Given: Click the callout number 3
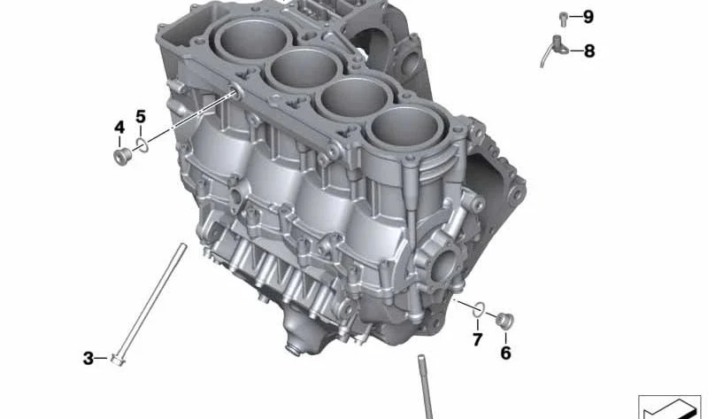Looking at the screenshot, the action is click(88, 359).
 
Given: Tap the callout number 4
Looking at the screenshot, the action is click(119, 128).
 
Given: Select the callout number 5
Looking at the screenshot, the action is click(141, 117).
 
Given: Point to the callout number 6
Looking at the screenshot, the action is click(505, 353).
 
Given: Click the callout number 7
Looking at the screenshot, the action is click(478, 339).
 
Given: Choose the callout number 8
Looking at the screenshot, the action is click(589, 51).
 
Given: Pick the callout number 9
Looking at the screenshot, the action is click(588, 17).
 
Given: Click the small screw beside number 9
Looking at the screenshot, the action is click(563, 19).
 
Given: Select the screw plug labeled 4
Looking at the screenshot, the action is click(122, 157).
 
